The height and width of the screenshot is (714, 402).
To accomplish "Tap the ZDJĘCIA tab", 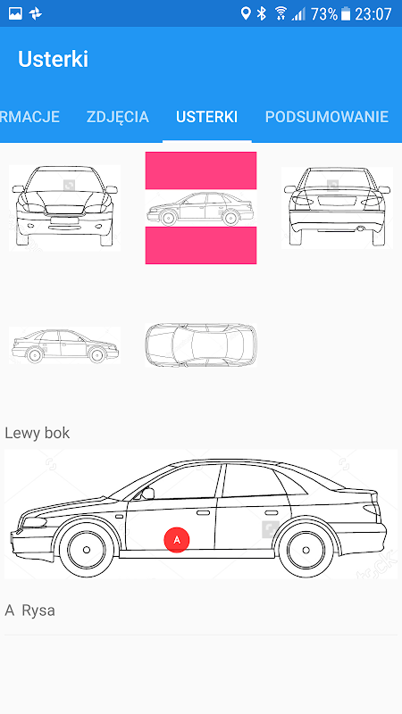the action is (118, 117).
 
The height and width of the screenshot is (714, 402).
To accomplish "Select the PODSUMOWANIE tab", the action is (327, 117).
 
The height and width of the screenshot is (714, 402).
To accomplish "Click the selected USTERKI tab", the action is (206, 117).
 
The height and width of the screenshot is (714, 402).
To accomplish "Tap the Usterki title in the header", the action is (53, 59).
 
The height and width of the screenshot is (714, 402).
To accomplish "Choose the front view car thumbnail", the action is (64, 208).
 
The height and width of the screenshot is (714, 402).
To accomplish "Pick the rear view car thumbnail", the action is (337, 207).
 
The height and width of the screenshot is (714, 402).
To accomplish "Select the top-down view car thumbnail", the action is (200, 345).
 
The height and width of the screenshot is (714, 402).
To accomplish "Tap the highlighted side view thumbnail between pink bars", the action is (200, 208).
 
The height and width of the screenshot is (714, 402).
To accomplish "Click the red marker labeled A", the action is (177, 540).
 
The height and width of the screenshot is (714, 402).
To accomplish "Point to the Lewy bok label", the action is (38, 433).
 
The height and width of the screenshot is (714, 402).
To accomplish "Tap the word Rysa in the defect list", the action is (38, 610).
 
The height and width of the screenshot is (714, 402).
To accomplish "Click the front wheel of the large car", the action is (87, 550).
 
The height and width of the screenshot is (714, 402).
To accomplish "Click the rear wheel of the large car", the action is (306, 550).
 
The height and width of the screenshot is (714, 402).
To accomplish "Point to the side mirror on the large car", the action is (147, 494).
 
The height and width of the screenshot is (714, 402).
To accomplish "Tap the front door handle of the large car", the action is (204, 512).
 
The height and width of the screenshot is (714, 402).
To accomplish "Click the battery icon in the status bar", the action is (346, 13).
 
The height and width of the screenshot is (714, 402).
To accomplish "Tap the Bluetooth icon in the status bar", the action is (261, 13).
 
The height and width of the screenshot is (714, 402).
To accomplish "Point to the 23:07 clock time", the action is (373, 14).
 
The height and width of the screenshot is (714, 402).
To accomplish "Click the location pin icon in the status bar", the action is (246, 13).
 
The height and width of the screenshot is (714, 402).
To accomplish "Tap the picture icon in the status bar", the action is (15, 13).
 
